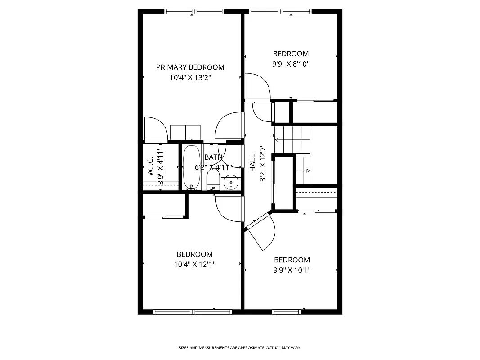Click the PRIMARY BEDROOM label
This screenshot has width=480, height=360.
click(x=190, y=67)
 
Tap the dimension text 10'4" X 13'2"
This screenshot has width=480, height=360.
click(x=190, y=77)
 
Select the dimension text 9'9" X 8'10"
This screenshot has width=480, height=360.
click(x=291, y=64)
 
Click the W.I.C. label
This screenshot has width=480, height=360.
click(x=150, y=167)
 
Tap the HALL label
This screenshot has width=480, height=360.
click(x=253, y=163)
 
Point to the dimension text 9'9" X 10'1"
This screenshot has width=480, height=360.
click(x=292, y=270)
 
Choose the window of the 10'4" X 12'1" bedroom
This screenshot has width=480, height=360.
click(x=192, y=311)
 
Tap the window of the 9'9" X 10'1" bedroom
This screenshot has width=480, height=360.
click(x=287, y=311)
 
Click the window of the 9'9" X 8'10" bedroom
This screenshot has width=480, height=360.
click(x=280, y=12)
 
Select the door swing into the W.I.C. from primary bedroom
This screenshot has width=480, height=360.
click(x=153, y=129)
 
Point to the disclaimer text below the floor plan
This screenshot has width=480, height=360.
click(x=240, y=348)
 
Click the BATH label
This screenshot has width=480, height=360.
click(x=213, y=157)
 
